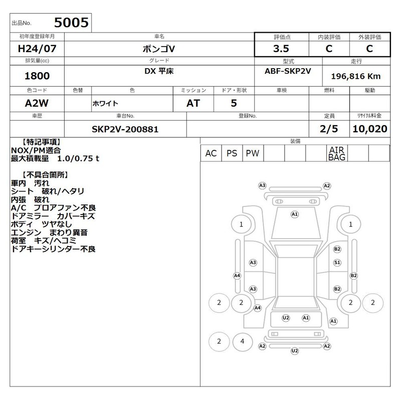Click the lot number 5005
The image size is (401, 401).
pos(71,23)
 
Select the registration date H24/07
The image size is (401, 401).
pos(37,49)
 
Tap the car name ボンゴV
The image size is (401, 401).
pos(159,49)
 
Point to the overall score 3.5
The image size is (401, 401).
pos(281,49)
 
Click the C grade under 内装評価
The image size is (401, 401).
pos(329,49)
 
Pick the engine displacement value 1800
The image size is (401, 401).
pos(37,76)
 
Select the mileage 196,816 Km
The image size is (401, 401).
pos(356,76)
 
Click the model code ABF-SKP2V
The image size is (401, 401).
pos(288,71)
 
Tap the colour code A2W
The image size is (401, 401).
pos(37,103)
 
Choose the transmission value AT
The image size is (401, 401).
pos(193,103)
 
